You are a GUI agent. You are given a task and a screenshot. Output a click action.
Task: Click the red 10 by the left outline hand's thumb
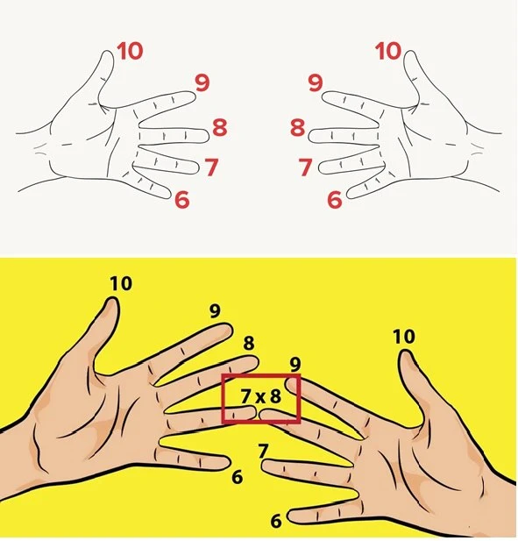130,51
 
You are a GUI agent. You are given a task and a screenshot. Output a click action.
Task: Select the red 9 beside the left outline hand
202,82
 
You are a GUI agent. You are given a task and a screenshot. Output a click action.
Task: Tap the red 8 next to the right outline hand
298,127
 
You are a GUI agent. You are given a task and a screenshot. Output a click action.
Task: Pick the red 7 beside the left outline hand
211,167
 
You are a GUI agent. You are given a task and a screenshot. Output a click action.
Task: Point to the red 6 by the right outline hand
335,199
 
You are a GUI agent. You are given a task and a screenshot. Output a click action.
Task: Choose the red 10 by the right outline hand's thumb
388,51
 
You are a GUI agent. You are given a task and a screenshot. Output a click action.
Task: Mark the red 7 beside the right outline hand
306,167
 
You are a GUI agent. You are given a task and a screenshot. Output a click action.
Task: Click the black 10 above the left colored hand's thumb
121,283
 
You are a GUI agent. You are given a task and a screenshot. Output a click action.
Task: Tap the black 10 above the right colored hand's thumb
404,337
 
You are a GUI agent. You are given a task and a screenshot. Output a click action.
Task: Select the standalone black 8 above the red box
249,343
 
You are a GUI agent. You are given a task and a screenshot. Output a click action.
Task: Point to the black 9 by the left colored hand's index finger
215,311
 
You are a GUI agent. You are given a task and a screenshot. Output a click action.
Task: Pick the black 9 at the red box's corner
294,365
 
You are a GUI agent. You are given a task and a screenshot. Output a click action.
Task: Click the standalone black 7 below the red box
263,451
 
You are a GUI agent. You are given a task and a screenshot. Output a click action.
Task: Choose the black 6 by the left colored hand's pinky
238,477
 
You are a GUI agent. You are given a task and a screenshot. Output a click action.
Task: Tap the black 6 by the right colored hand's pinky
276,521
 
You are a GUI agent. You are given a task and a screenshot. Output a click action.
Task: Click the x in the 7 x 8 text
260,398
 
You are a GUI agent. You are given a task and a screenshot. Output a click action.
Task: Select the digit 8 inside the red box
275,396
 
